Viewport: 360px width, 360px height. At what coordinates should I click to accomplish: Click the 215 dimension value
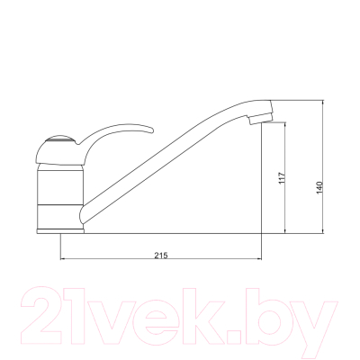(160, 256)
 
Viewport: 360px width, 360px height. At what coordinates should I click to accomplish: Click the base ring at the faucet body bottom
(60, 228)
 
